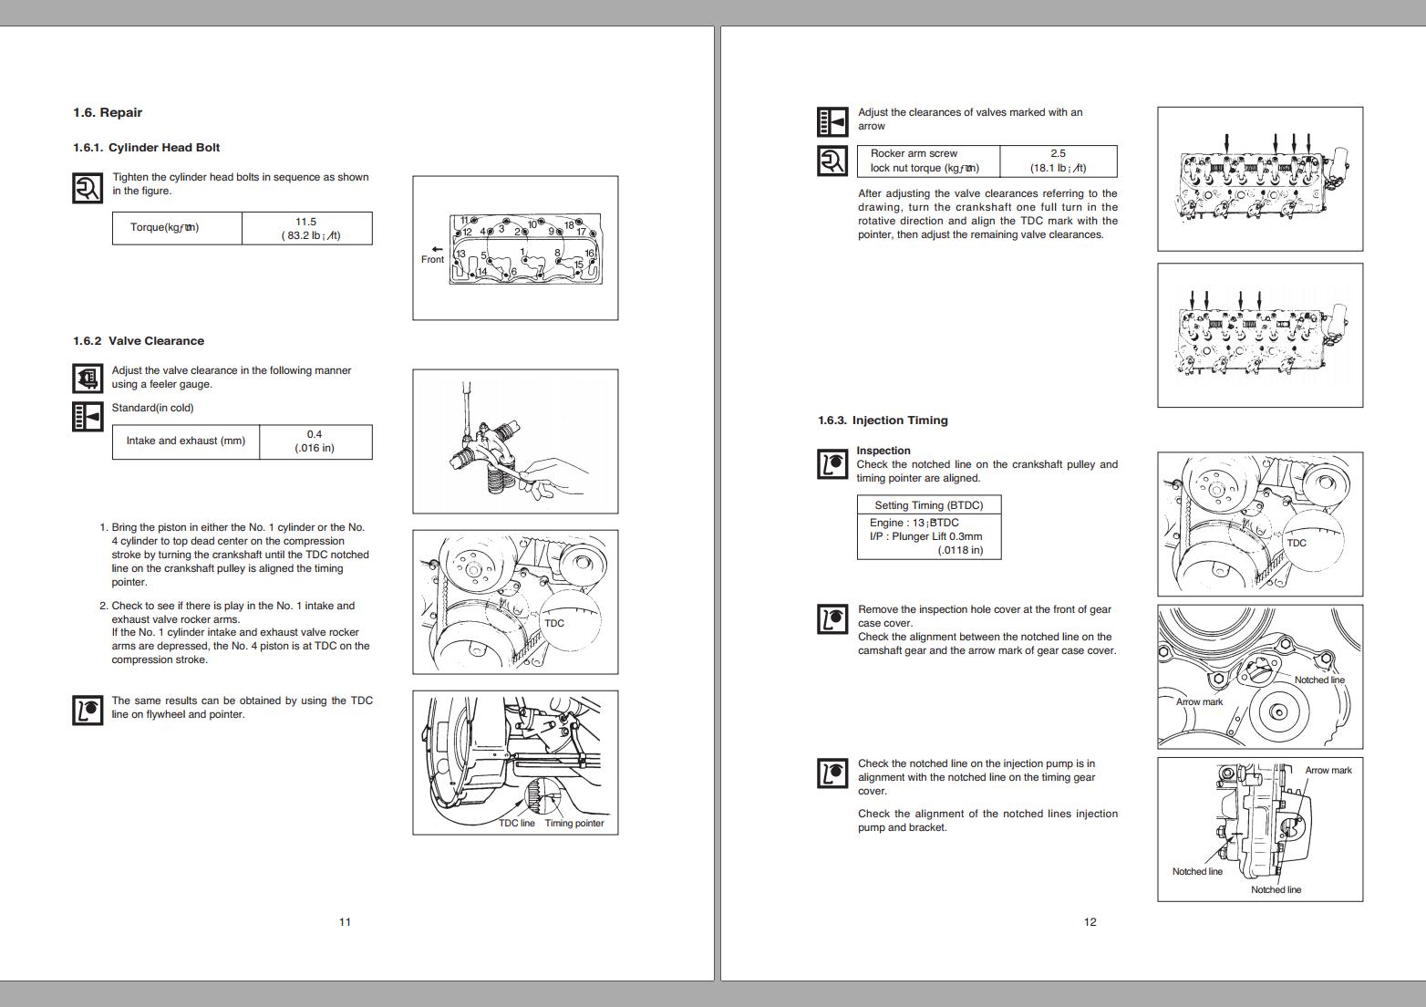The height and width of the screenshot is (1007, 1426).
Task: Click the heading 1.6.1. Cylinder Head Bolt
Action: (146, 148)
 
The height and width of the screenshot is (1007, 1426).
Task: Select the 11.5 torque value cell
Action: (306, 228)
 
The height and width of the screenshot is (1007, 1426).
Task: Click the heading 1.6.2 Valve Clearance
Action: (139, 341)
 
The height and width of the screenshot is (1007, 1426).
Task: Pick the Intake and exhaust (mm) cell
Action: (186, 441)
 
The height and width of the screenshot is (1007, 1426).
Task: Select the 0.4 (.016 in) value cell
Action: (315, 441)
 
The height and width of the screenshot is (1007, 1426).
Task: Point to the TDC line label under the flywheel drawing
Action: (517, 824)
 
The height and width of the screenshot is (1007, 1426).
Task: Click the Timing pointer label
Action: (574, 824)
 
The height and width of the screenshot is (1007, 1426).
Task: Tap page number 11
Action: (345, 922)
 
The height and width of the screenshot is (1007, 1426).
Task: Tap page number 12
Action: (1090, 922)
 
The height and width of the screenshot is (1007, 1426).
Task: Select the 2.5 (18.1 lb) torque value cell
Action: (1058, 161)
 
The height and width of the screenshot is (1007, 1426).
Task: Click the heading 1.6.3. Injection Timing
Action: (883, 420)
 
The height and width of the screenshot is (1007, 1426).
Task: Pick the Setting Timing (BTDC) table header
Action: (928, 505)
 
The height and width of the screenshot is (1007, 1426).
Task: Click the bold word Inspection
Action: (883, 451)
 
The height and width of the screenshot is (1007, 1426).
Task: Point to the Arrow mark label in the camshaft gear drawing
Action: (1199, 702)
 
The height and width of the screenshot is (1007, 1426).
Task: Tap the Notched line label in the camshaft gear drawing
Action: (1319, 680)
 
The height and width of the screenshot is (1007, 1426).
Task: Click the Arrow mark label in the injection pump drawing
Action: (1328, 771)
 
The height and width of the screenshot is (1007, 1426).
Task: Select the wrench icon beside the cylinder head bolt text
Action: (88, 188)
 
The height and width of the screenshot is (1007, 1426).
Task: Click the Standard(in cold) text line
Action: (152, 408)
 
